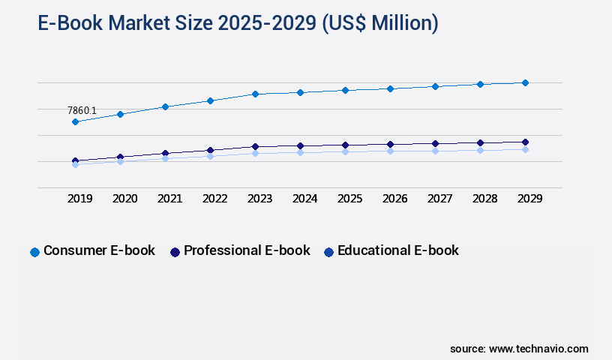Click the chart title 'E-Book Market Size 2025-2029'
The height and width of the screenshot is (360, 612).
coord(238,24)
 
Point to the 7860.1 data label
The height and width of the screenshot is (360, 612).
coord(82,110)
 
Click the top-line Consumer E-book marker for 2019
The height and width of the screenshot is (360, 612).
coord(75,121)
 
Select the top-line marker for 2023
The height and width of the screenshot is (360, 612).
coord(255,94)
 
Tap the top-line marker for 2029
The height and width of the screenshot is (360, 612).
coord(525,82)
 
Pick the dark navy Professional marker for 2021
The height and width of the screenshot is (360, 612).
coord(165,153)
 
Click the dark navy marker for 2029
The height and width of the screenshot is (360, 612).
coord(525,142)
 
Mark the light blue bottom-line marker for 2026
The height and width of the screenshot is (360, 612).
coord(390,151)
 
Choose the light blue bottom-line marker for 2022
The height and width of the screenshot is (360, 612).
coord(210,156)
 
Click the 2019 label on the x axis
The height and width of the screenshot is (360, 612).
coord(80,199)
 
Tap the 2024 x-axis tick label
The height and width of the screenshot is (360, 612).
coord(305,199)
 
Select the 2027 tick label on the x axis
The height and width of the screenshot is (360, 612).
coord(440,199)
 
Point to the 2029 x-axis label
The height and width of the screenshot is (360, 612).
coord(530,199)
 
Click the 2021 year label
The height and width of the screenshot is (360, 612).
coord(170,199)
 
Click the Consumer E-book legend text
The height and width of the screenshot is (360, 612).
coord(99,250)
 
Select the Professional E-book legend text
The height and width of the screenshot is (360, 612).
coord(247,250)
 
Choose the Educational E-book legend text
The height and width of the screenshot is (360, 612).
coord(397,250)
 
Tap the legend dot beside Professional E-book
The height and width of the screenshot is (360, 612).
coord(175,252)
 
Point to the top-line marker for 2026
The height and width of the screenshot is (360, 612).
coord(390,88)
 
